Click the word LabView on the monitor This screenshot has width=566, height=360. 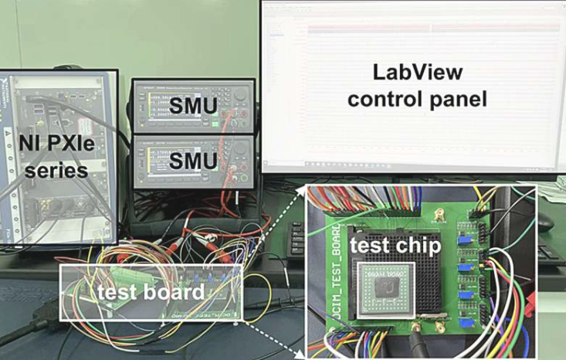pyautogui.click(x=418, y=73)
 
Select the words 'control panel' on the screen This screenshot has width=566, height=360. pyautogui.click(x=418, y=100)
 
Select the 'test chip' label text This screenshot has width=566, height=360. pyautogui.click(x=396, y=246)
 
